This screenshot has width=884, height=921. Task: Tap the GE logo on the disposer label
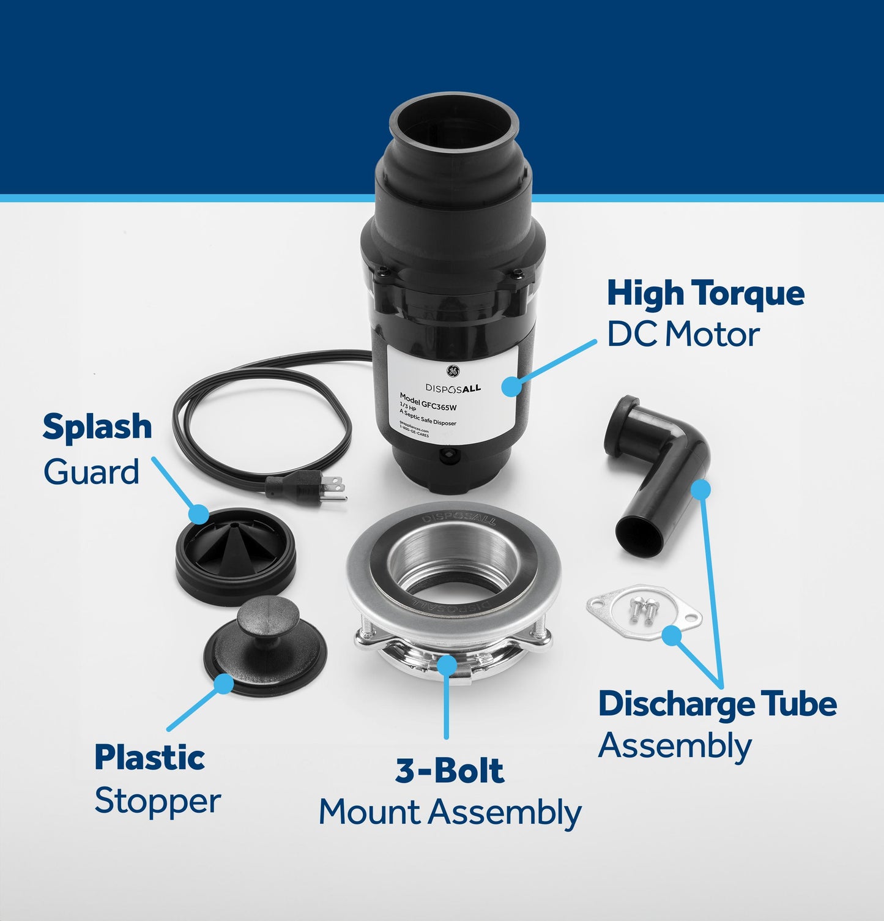click(x=453, y=371)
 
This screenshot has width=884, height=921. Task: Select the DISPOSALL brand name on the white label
click(x=453, y=388)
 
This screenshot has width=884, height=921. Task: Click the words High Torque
click(x=705, y=294)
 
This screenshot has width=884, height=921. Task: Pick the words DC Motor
click(x=683, y=335)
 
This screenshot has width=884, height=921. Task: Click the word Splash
click(x=97, y=427)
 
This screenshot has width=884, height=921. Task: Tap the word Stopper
click(x=157, y=801)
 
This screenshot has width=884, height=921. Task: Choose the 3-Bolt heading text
click(x=450, y=771)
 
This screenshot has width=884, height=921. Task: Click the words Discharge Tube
click(x=717, y=704)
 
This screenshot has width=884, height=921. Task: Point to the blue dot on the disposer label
click(x=511, y=386)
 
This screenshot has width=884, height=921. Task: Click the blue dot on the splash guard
click(x=198, y=514)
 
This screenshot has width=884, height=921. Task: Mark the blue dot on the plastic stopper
click(x=223, y=683)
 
